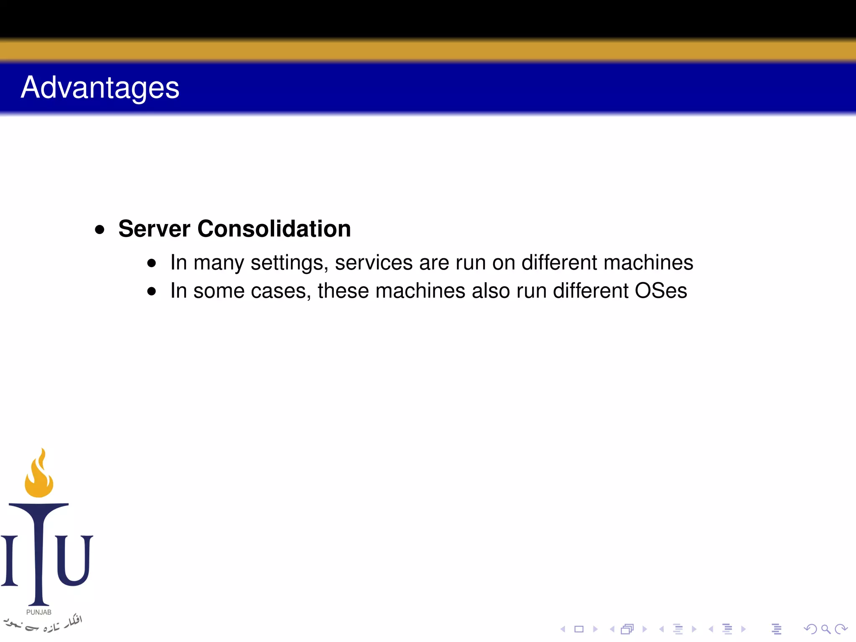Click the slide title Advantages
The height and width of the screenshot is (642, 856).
click(x=100, y=88)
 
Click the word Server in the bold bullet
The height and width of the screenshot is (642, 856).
click(x=154, y=229)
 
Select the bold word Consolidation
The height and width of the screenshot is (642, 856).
click(x=274, y=229)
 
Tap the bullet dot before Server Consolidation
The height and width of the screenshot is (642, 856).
click(x=99, y=229)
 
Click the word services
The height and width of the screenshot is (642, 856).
click(x=374, y=263)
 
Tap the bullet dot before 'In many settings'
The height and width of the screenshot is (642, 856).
click(x=152, y=263)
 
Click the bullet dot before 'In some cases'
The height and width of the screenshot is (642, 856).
click(x=152, y=291)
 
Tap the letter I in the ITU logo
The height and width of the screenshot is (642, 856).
click(x=9, y=560)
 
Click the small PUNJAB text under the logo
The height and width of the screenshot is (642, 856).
click(x=39, y=612)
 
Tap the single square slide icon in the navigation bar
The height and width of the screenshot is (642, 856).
click(x=579, y=629)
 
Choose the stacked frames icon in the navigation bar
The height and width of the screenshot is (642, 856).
click(x=627, y=629)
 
